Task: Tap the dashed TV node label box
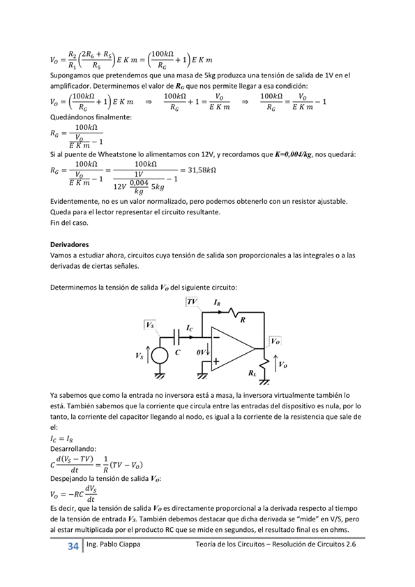[192, 302]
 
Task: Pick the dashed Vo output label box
[275, 341]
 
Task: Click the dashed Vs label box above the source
[149, 325]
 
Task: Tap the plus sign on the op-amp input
[216, 362]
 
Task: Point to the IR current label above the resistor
[217, 303]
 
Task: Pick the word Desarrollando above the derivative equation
[75, 449]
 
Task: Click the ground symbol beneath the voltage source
[159, 376]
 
